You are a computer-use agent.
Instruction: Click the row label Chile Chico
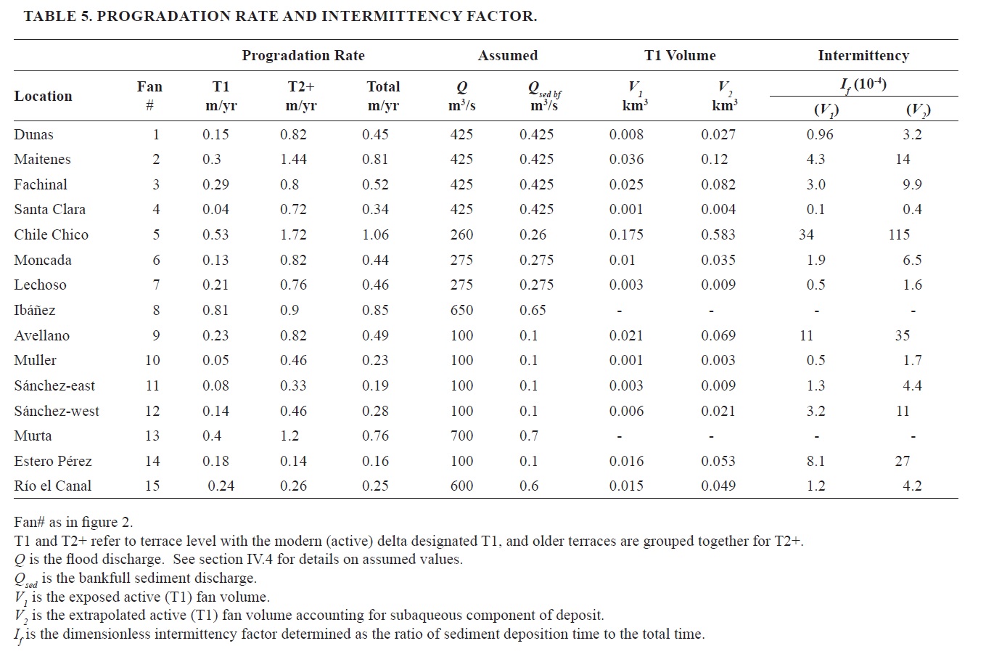pyautogui.click(x=51, y=234)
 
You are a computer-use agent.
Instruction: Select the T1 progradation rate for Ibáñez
pyautogui.click(x=215, y=310)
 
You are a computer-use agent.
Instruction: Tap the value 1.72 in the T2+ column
pyautogui.click(x=293, y=234)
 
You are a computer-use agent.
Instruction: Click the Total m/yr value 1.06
pyautogui.click(x=375, y=234)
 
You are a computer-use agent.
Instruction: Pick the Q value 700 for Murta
pyautogui.click(x=461, y=436)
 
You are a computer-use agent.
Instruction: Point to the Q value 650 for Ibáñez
pyautogui.click(x=461, y=310)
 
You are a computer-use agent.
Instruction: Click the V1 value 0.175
pyautogui.click(x=626, y=234)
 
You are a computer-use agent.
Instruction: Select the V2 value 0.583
pyautogui.click(x=718, y=234)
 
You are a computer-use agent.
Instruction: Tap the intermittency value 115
pyautogui.click(x=899, y=234)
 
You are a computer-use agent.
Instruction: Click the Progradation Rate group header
pyautogui.click(x=303, y=55)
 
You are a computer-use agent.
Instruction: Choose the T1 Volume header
pyautogui.click(x=680, y=55)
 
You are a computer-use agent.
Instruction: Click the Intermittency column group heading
pyautogui.click(x=863, y=55)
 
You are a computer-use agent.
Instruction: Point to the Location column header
pyautogui.click(x=43, y=96)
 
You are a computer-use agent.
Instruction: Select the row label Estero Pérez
pyautogui.click(x=53, y=461)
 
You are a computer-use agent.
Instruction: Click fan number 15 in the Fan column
pyautogui.click(x=152, y=486)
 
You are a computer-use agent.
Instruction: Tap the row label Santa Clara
pyautogui.click(x=49, y=209)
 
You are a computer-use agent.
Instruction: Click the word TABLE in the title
pyautogui.click(x=48, y=16)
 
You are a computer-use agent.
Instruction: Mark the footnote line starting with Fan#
pyautogui.click(x=73, y=522)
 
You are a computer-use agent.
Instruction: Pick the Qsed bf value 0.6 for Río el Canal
pyautogui.click(x=529, y=486)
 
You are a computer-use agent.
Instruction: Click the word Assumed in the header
pyautogui.click(x=507, y=55)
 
